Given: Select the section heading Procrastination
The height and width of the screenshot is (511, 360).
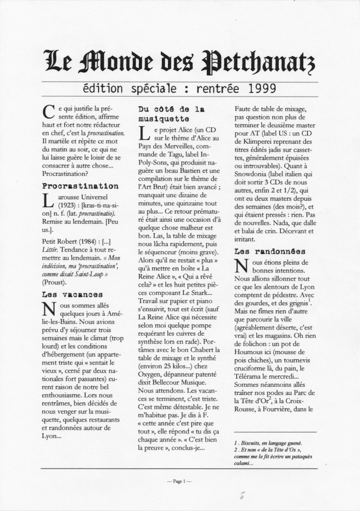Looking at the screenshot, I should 81,186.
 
